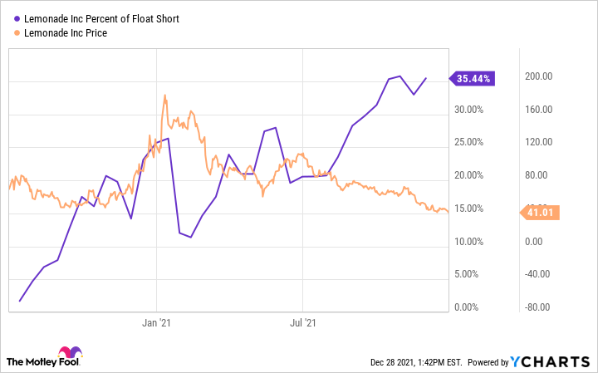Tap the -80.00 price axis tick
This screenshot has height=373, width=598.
click(539, 307)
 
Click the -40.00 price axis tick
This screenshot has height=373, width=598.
click(539, 274)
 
